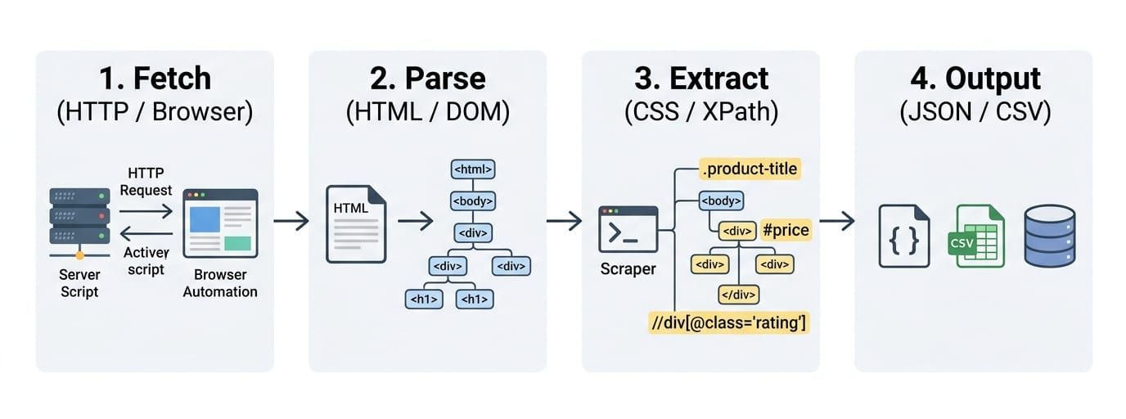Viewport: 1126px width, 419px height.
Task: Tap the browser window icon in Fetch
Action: tap(220, 223)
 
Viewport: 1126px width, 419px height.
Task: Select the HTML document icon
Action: tap(356, 224)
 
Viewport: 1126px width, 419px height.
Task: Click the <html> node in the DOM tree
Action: tap(472, 169)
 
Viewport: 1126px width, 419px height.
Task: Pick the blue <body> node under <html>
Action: tap(472, 201)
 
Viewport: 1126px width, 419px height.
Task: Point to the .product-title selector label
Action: tap(750, 169)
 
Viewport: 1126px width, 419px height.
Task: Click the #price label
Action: tap(786, 230)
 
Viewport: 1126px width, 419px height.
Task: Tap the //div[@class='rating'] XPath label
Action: tap(728, 322)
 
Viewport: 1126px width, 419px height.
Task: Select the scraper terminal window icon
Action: tap(628, 229)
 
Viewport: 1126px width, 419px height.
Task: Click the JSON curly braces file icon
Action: tap(903, 236)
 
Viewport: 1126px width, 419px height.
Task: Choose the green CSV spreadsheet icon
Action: tap(975, 236)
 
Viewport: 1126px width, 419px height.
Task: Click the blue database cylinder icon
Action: tap(1050, 236)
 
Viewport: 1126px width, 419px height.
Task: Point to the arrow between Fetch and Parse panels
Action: tap(291, 221)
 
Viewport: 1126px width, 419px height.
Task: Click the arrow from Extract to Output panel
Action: tap(837, 221)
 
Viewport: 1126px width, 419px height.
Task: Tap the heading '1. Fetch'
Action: tap(155, 78)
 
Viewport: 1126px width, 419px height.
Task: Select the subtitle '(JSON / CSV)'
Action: tap(975, 111)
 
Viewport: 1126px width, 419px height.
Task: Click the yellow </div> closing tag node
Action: tap(738, 295)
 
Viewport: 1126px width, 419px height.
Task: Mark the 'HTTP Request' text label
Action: tap(146, 182)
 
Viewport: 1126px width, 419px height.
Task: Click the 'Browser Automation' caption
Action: tap(220, 283)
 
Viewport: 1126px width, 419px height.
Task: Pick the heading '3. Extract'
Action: tap(701, 78)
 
